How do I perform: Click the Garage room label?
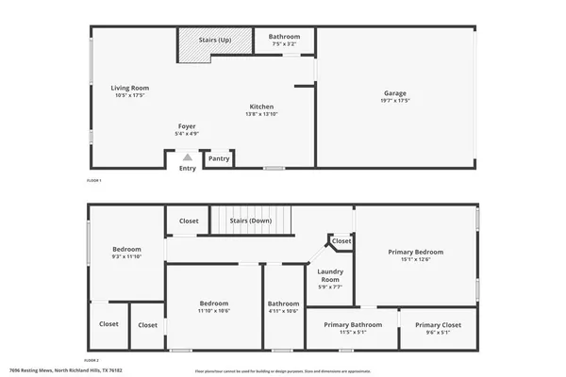[394, 92]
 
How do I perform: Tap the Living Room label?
[131, 88]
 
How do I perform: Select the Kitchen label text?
[262, 106]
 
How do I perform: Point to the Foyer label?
[188, 125]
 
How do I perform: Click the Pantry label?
[219, 158]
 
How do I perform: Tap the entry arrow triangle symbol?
[188, 157]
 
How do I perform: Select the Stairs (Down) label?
[251, 221]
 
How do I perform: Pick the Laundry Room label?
[329, 275]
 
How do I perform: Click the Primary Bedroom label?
[416, 252]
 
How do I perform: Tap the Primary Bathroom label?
[353, 324]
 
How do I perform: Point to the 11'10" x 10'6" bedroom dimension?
[214, 310]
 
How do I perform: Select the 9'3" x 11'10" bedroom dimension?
[126, 255]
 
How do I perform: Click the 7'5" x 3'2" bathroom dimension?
[284, 43]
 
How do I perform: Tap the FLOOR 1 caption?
[92, 179]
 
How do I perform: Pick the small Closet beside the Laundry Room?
[341, 240]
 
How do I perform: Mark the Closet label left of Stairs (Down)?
[189, 221]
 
